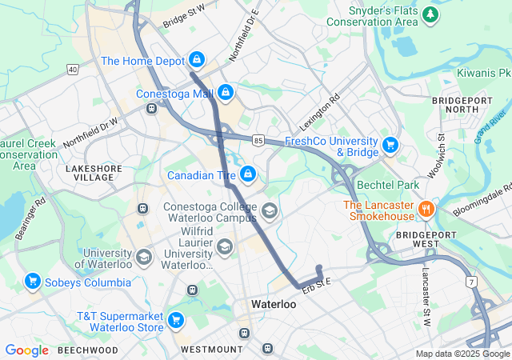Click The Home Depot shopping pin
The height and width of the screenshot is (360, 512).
pos(196,59)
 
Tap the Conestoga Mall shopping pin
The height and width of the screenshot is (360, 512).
pos(226,93)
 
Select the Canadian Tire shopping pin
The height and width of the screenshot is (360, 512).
pos(249,174)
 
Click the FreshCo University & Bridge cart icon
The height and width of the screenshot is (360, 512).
pos(390,145)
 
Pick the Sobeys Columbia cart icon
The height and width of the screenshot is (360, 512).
pos(33,281)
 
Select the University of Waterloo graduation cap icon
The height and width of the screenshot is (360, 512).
pos(143,257)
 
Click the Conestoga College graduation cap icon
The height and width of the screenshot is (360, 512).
pos(270,211)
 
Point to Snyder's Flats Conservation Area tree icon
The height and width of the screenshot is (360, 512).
pos(431,14)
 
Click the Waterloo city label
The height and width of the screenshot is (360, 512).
pos(273,305)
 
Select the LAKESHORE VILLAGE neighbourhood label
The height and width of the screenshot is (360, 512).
pos(90,172)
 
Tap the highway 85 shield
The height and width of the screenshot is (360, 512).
pos(258,140)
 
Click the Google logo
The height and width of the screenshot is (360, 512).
pos(27,350)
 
